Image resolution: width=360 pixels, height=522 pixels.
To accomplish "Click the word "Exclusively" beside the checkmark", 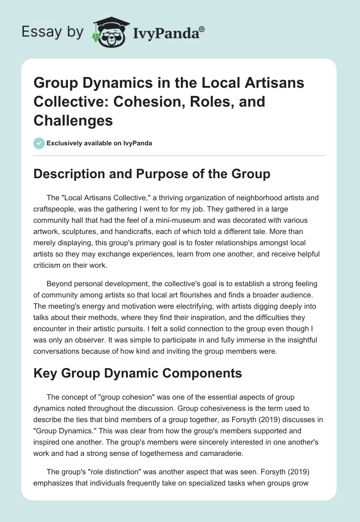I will tap(62, 143).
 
